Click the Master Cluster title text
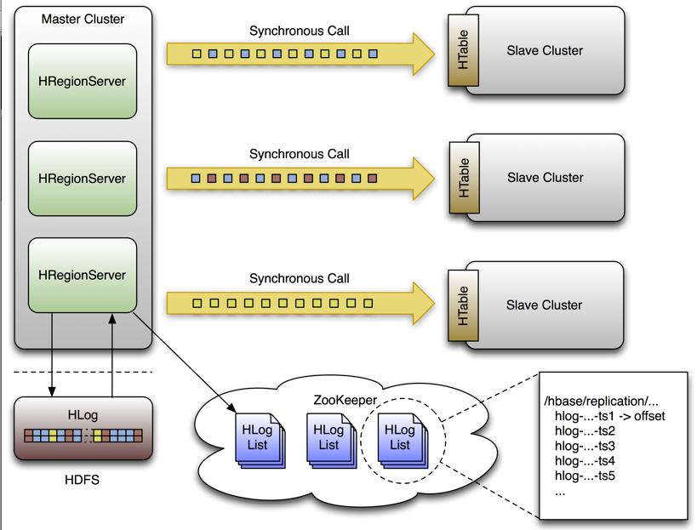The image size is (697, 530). point(83,19)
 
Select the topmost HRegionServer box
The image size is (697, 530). point(83,82)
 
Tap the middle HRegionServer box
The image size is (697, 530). point(83,179)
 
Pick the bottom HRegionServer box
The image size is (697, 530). point(83,276)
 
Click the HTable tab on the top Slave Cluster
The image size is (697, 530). point(464,50)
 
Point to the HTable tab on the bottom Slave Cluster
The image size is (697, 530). point(464,305)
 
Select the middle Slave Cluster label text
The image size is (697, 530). point(545,178)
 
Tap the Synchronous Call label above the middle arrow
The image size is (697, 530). point(299,155)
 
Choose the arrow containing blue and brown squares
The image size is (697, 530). point(289,179)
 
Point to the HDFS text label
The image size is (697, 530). point(83,480)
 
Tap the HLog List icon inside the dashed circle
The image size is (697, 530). point(399,438)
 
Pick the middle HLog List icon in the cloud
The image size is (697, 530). point(329,438)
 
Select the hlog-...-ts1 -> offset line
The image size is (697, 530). point(609,416)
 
